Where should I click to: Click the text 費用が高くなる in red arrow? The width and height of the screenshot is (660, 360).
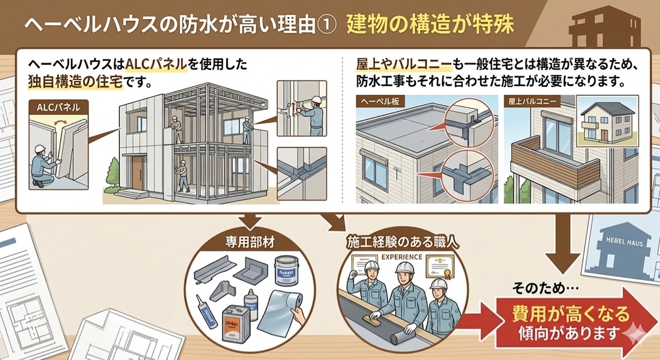point(571,315)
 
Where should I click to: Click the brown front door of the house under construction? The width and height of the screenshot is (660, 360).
point(137,173)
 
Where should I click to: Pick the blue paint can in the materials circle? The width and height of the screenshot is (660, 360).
point(286,273)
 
